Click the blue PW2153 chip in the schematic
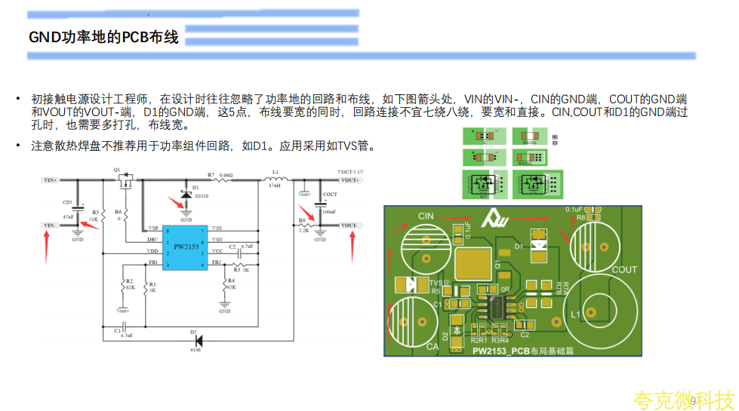point(186,247)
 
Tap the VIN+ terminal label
point(51,180)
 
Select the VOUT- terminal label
point(349,225)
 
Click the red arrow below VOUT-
point(353,247)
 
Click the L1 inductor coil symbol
point(276,179)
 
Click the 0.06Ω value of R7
point(224,173)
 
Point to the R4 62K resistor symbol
point(225,284)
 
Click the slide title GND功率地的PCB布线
point(103,37)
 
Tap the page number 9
point(693,401)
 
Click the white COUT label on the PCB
point(624,269)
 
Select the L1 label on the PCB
point(576,314)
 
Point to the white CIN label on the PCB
point(426,216)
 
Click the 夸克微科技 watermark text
point(683,400)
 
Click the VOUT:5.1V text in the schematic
point(351,173)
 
